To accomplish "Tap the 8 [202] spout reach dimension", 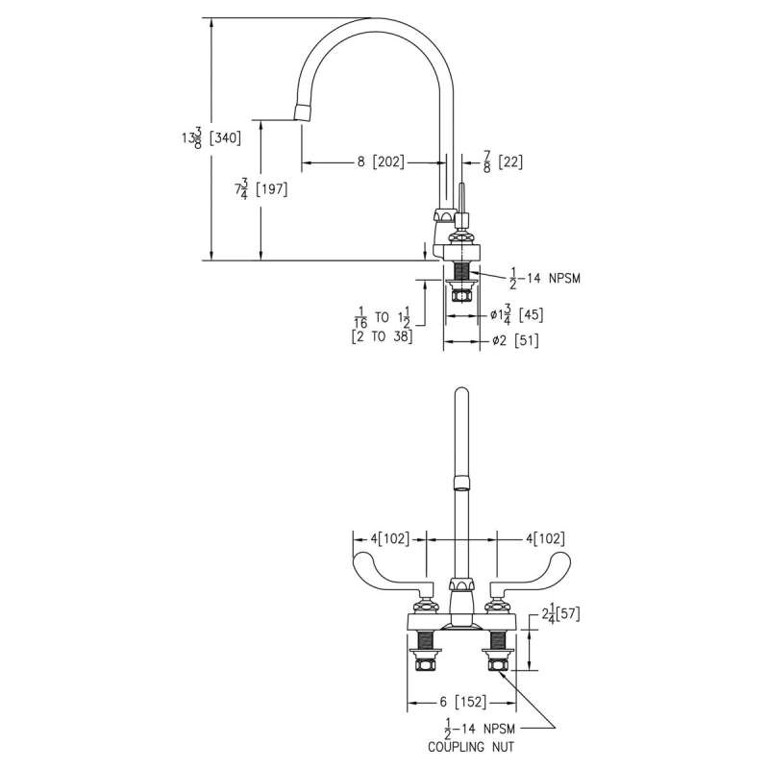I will tap(377, 162).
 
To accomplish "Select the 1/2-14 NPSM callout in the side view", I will tap(546, 279).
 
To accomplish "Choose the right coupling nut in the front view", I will tap(498, 662).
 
